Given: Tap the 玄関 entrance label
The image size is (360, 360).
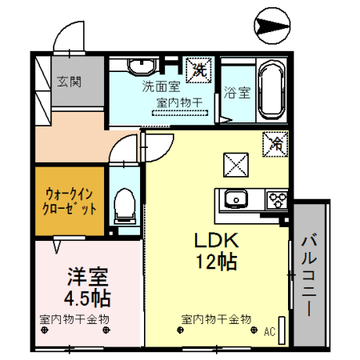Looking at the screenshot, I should tap(68, 81).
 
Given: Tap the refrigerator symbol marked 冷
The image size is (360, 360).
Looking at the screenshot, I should tap(276, 144).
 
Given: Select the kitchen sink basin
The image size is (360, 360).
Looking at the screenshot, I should tap(236, 199).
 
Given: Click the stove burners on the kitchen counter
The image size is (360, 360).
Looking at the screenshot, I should tap(277, 199).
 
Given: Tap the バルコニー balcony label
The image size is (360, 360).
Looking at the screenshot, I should tap(310, 272).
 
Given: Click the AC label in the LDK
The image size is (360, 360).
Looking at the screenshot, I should tap(269, 330).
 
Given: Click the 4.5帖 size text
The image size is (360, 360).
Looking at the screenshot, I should tap(87, 299).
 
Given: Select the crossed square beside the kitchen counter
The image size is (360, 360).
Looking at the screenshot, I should tap(236, 164).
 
